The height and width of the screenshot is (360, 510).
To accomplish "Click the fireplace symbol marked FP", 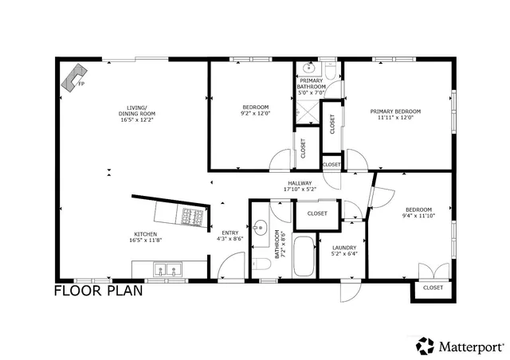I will point(74,78).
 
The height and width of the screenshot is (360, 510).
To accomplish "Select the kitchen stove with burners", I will point(193,216).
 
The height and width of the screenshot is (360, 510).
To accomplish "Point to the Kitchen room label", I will point(144,237).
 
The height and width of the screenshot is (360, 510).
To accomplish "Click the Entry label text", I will point(229,236).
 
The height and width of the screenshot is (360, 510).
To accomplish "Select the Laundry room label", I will point(344,251).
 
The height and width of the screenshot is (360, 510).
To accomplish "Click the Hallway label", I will point(300,186).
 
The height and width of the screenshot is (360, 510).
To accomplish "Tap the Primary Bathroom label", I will point(312,87).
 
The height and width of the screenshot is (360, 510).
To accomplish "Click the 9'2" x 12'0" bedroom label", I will point(255,110).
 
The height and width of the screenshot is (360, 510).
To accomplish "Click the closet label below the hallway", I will point(317,213).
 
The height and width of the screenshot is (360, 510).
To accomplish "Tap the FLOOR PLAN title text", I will point(98,291).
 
